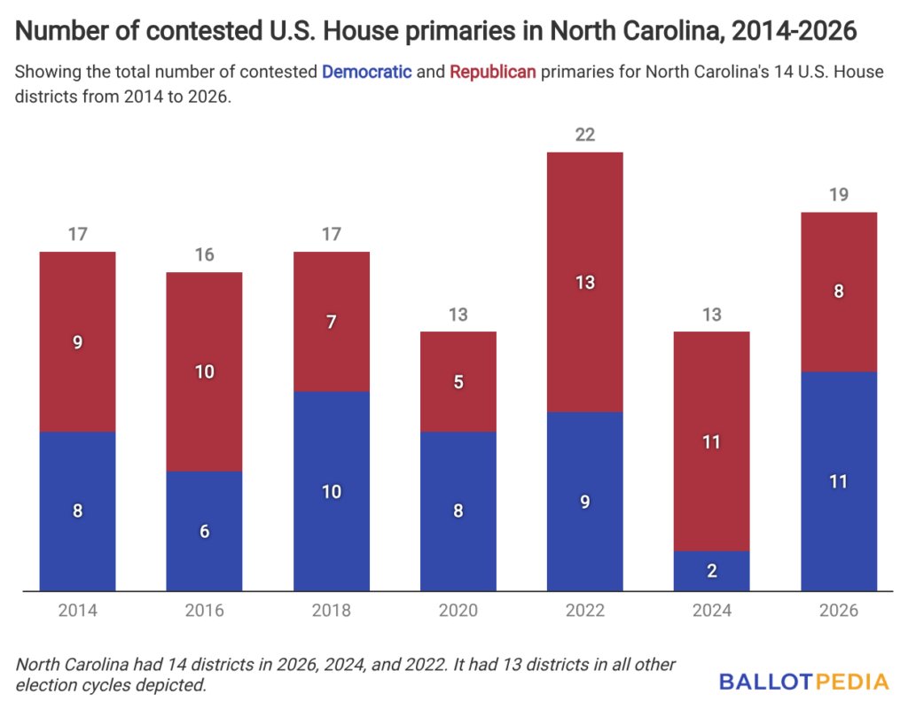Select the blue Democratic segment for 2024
pos(711,571)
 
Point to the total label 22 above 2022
pos(584,135)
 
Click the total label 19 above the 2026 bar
pos(838,195)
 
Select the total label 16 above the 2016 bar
pos(204,255)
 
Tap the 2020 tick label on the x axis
pos(458,611)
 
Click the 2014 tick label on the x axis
pos(78,611)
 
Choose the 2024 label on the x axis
pos(711,611)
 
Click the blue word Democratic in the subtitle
pos(366,72)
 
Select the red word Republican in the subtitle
pos(492,72)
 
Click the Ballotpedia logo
pos(803,682)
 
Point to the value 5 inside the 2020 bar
pos(458,382)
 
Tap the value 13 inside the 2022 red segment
pos(584,283)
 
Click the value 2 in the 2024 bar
pos(711,571)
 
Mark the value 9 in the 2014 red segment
pos(78,342)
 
